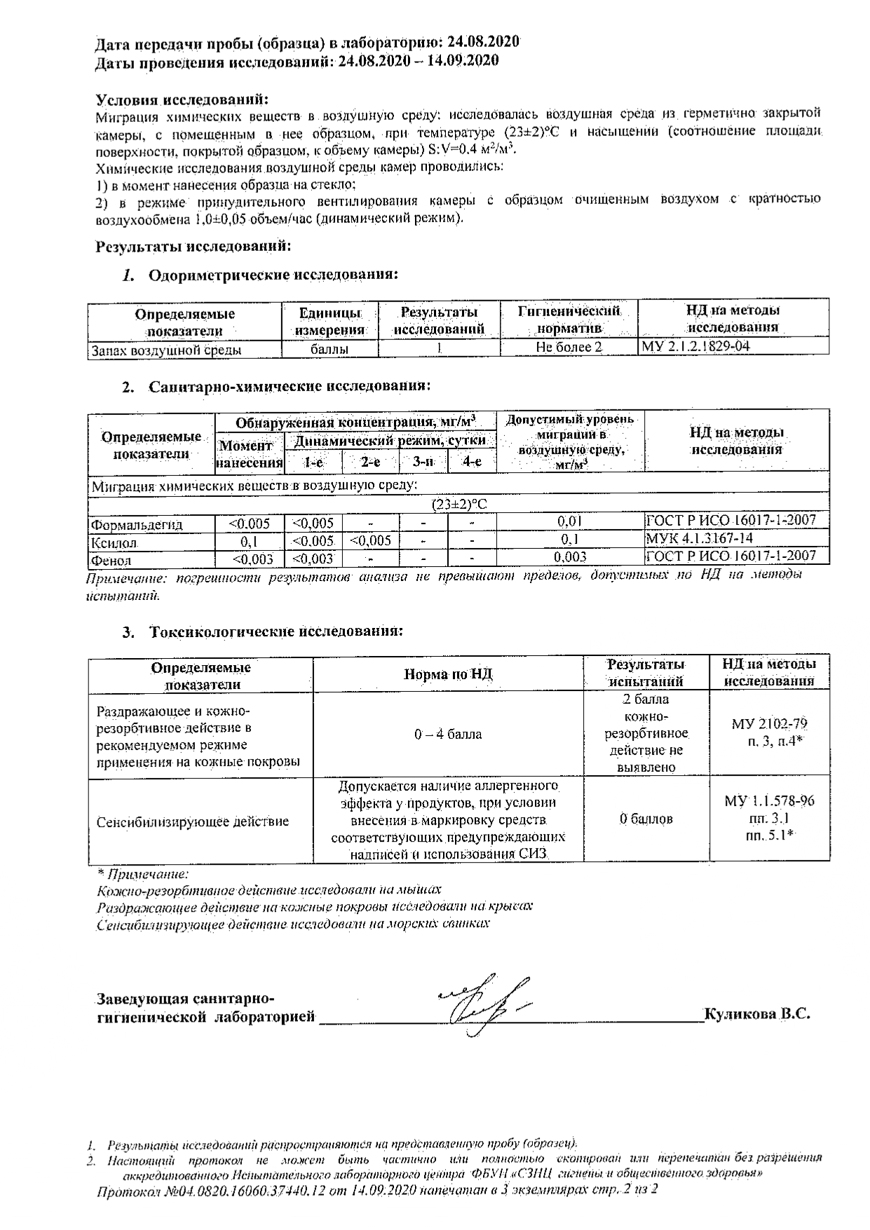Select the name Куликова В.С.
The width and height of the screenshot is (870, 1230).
point(757,1013)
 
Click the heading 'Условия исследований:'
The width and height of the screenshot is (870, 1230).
point(182,99)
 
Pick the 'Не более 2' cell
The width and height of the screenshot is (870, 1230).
point(569,348)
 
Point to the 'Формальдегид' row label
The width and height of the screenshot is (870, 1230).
point(137,524)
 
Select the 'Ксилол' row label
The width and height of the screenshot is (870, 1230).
point(113,542)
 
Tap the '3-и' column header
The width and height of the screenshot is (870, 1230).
point(423,462)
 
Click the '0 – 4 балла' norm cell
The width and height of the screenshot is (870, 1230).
point(448,734)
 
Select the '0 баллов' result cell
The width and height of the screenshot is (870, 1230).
point(646,819)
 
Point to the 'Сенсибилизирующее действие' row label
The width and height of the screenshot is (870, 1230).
point(192,821)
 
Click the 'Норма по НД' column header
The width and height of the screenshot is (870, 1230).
point(448,674)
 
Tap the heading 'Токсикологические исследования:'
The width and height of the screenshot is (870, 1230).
point(276,631)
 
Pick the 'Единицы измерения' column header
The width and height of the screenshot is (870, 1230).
point(329,320)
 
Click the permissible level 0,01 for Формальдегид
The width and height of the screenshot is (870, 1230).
point(569,521)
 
